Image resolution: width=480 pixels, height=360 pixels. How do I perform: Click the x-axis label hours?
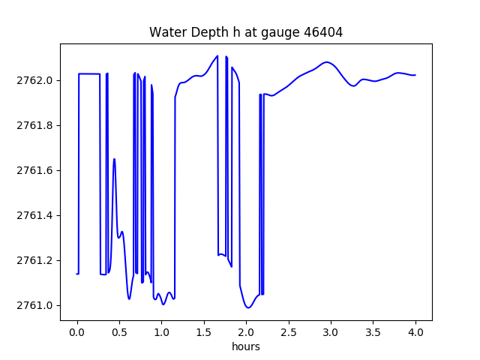[246, 347]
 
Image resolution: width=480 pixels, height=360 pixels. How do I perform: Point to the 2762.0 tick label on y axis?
[35, 80]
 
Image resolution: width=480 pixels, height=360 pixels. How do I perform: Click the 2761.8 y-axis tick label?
[35, 125]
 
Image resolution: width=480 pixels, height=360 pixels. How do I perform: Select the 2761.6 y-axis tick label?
[35, 170]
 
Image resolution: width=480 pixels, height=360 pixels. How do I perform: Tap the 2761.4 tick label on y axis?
[35, 215]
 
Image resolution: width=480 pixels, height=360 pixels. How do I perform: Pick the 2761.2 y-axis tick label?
[35, 260]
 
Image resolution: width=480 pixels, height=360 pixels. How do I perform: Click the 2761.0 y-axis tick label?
[35, 305]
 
